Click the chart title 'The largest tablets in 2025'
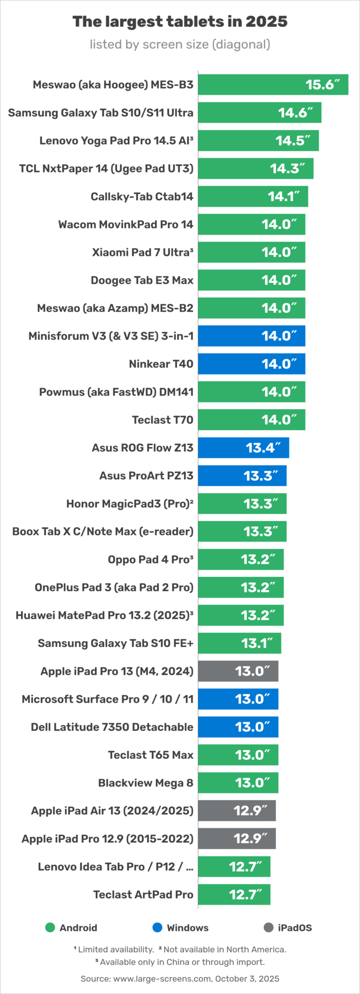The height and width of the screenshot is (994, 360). pyautogui.click(x=179, y=21)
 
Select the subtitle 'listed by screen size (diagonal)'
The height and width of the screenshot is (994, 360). pyautogui.click(x=179, y=44)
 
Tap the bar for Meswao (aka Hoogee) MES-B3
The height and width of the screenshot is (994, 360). pyautogui.click(x=273, y=85)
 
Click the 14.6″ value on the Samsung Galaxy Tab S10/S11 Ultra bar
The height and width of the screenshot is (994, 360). pyautogui.click(x=295, y=113)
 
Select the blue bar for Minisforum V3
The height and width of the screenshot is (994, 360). pyautogui.click(x=251, y=336)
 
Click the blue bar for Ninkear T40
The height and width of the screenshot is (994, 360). pyautogui.click(x=251, y=364)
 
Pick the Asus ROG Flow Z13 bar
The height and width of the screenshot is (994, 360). pyautogui.click(x=243, y=448)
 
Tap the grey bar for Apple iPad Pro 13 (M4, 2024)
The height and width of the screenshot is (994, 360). pyautogui.click(x=238, y=671)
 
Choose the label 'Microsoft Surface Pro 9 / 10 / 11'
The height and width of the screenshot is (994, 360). pyautogui.click(x=107, y=699)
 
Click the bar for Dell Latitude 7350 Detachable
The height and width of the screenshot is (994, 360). pyautogui.click(x=238, y=727)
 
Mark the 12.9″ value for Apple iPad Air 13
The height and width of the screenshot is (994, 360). pyautogui.click(x=250, y=811)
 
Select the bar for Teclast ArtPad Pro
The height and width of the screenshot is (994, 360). pyautogui.click(x=234, y=895)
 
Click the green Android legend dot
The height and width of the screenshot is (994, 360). pyautogui.click(x=50, y=928)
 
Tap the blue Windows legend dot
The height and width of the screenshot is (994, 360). pyautogui.click(x=157, y=928)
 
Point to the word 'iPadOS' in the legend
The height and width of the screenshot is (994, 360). pyautogui.click(x=295, y=928)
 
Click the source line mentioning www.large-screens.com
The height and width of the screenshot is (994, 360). pyautogui.click(x=179, y=978)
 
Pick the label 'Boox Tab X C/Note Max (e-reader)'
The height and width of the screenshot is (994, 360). pyautogui.click(x=103, y=532)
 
